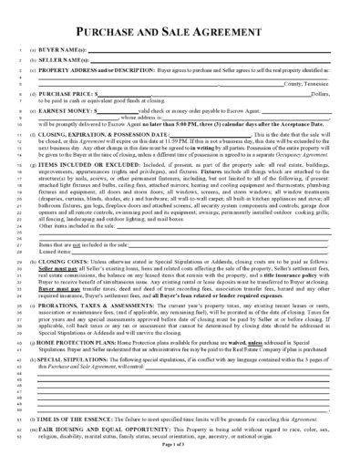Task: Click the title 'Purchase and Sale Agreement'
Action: [x=180, y=26]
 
